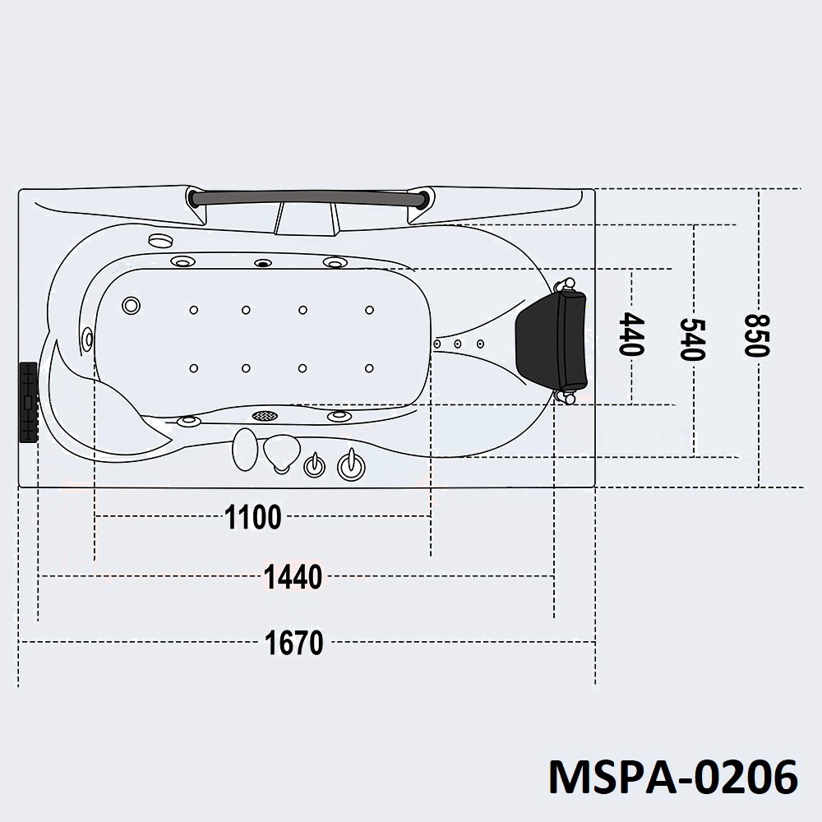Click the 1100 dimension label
(252, 517)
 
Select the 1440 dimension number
(293, 577)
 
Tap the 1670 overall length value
(293, 643)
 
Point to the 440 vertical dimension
(631, 335)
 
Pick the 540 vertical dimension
(692, 339)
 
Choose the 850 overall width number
(757, 335)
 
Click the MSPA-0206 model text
(673, 777)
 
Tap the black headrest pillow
(552, 341)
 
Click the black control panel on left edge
(28, 402)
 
